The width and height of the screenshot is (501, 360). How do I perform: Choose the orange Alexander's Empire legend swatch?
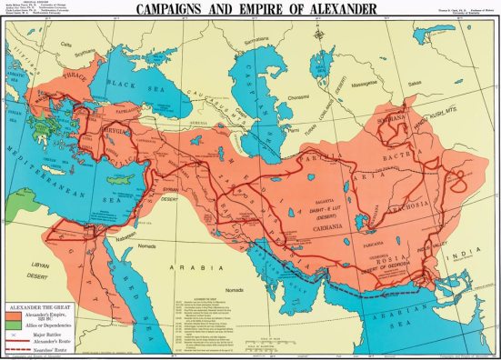[x=15, y=315]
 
